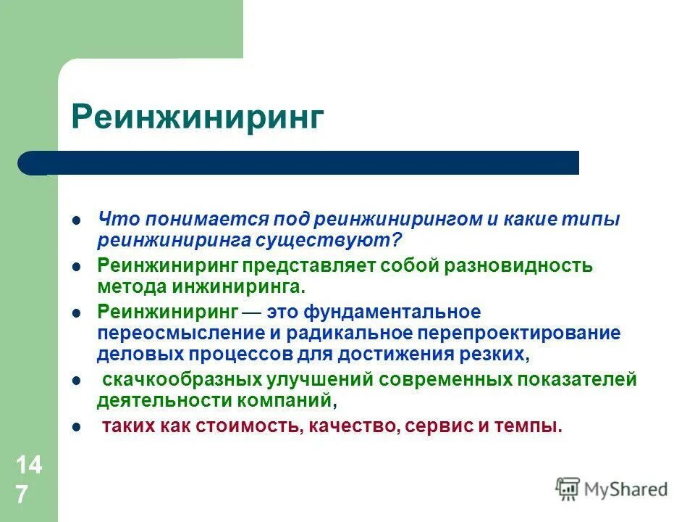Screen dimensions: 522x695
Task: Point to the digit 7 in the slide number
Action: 22,494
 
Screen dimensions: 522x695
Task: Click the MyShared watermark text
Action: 627,489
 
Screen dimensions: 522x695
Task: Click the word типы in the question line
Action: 596,220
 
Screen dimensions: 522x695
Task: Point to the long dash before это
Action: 253,312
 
